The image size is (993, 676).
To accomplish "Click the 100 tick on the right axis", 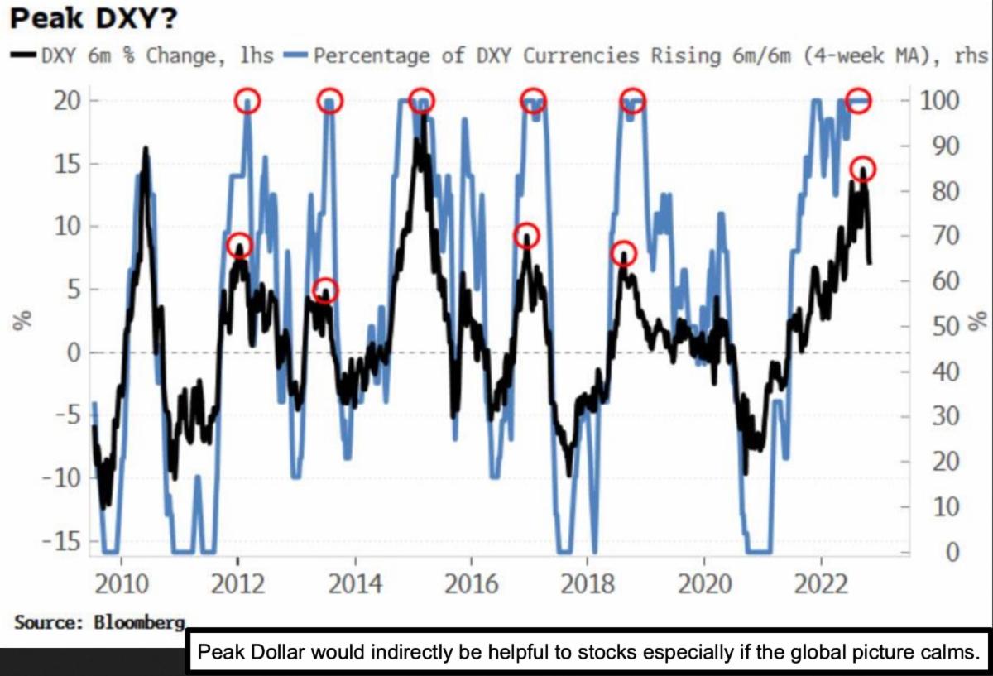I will (x=941, y=101).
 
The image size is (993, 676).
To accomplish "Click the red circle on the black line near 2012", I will (x=239, y=246).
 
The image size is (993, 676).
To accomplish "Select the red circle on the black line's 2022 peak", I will (x=862, y=170).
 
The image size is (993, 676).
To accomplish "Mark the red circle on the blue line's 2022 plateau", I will (x=860, y=100).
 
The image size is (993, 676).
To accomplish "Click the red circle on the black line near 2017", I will (x=527, y=236).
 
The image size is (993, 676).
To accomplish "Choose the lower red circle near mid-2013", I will (x=326, y=290).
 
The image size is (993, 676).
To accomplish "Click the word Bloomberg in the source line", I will (x=141, y=621).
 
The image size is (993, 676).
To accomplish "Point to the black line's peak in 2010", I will (x=146, y=150).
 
